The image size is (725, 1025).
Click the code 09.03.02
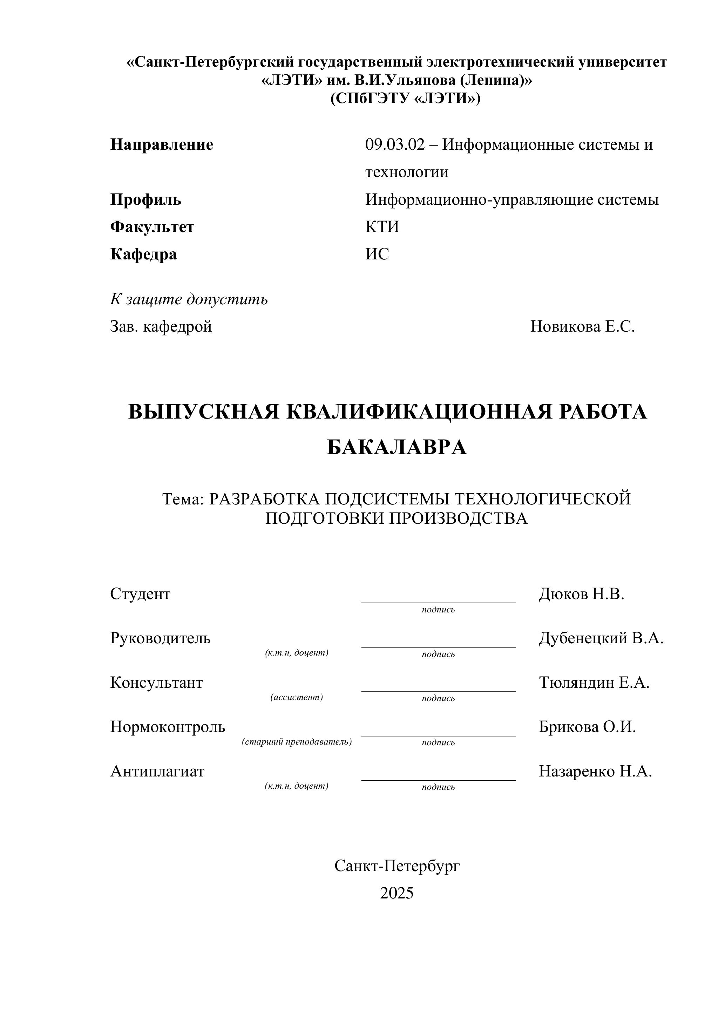click(x=395, y=145)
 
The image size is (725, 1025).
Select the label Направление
click(x=162, y=145)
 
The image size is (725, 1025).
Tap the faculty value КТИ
click(x=382, y=227)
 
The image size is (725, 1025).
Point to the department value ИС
click(x=377, y=254)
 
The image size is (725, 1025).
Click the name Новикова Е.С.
click(x=582, y=327)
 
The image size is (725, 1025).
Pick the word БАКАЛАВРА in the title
click(x=397, y=447)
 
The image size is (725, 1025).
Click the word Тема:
click(x=183, y=499)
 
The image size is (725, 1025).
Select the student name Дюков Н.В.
click(x=581, y=594)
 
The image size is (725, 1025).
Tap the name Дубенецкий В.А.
click(x=601, y=638)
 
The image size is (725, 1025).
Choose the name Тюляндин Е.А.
click(x=594, y=683)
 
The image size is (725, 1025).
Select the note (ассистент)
click(x=297, y=697)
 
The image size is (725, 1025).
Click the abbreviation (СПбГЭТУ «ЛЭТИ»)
click(x=405, y=98)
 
